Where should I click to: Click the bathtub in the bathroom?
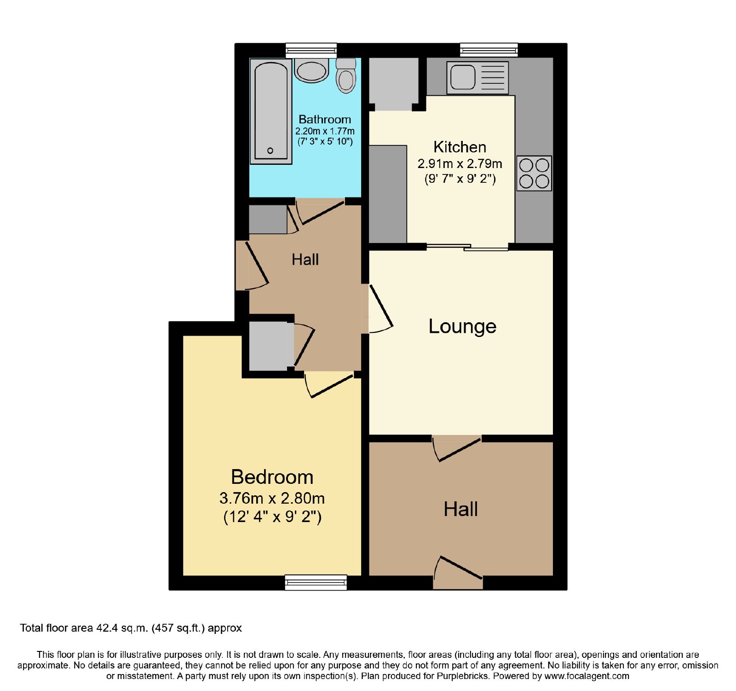(271, 111)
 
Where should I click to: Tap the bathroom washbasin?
(311, 70)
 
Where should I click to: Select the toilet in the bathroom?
(346, 76)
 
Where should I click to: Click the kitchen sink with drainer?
(477, 78)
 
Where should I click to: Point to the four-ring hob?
(534, 173)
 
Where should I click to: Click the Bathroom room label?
(325, 120)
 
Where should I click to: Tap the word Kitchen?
(460, 147)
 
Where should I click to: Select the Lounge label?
(462, 326)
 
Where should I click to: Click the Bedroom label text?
(272, 477)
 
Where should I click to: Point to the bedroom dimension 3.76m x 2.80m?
(272, 498)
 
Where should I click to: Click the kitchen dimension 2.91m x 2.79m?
(460, 164)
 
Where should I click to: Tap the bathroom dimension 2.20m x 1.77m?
(325, 131)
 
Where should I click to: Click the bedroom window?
(316, 582)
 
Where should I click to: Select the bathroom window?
(311, 50)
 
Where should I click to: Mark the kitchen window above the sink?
(489, 50)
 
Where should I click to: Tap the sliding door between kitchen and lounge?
(467, 247)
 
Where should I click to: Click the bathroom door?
(320, 211)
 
